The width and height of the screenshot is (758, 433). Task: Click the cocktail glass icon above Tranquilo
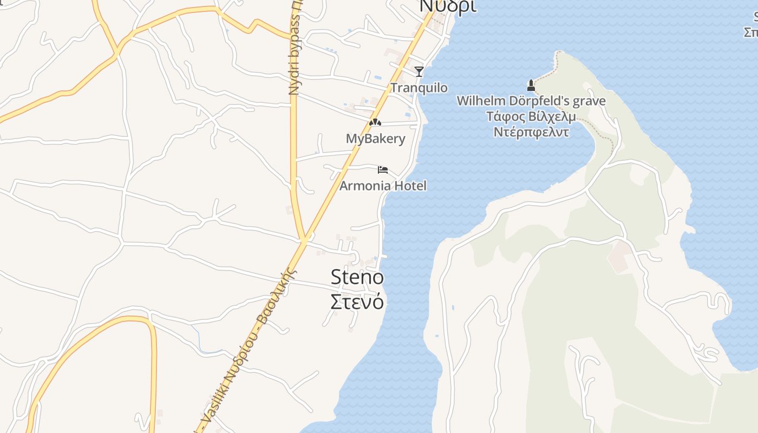click(419, 71)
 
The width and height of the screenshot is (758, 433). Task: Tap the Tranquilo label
click(419, 88)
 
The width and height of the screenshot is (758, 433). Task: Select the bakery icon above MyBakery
click(375, 122)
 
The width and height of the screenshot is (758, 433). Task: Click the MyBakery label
click(375, 139)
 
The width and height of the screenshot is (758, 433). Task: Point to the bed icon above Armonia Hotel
click(383, 170)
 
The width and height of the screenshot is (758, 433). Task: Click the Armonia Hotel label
click(383, 186)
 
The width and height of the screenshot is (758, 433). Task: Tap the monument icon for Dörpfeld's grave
click(531, 85)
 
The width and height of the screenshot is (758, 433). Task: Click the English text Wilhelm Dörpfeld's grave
click(531, 101)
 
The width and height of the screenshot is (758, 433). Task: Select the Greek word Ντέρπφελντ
click(531, 132)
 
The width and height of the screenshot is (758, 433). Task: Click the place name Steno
click(357, 278)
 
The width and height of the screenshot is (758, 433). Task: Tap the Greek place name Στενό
click(357, 301)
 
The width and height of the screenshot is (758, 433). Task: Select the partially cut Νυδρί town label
click(449, 6)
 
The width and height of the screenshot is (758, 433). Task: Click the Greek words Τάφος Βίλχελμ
click(531, 116)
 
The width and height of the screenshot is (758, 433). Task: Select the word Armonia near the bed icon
click(365, 186)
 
